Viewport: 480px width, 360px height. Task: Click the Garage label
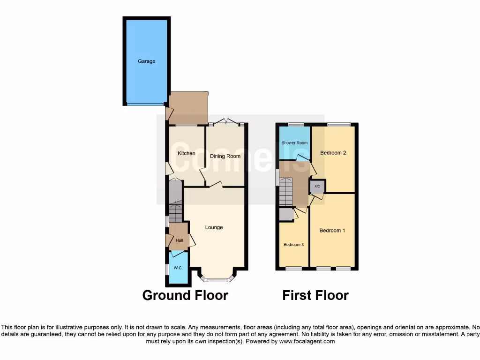click(146, 61)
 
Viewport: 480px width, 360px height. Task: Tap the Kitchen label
click(187, 153)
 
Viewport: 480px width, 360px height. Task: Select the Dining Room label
click(225, 156)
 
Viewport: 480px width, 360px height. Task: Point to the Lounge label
click(214, 227)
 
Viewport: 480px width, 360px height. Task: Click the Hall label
click(180, 240)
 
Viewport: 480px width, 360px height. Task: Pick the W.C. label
click(178, 268)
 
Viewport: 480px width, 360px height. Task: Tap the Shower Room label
click(294, 142)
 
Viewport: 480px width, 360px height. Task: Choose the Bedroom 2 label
click(333, 153)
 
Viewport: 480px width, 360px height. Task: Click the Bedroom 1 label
click(332, 231)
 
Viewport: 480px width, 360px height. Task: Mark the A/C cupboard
click(317, 187)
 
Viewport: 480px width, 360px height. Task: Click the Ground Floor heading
click(185, 295)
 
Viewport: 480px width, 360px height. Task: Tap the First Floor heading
click(315, 295)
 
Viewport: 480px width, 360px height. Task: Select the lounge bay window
click(217, 280)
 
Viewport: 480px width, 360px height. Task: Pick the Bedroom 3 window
click(294, 269)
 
